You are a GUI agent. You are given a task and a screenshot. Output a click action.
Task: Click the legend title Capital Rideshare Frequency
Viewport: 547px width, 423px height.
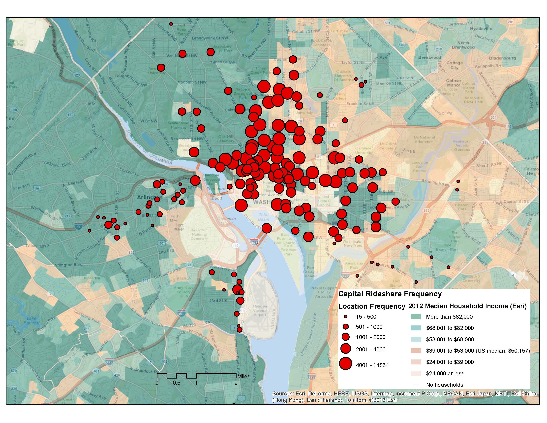point(390,294)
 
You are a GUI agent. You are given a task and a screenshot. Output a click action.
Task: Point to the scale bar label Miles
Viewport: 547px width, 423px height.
point(244,376)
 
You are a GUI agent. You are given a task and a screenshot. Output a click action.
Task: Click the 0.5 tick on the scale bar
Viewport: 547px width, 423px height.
point(177,383)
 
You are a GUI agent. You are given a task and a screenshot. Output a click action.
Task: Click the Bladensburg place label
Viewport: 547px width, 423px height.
point(502,58)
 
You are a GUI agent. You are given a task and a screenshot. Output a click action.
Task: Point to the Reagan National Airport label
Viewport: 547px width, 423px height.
point(260,311)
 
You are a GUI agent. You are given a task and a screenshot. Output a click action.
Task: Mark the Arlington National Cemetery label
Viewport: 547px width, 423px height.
point(199,234)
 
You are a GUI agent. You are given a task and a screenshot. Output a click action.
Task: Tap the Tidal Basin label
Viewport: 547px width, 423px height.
point(264,217)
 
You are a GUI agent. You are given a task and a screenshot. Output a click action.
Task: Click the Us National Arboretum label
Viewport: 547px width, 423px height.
point(424,139)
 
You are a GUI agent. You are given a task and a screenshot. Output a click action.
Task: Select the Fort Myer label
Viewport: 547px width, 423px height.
point(179,227)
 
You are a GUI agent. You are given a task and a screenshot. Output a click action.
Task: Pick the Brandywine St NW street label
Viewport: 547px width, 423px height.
point(210,38)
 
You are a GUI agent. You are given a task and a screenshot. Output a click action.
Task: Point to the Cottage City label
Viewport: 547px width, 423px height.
point(454,65)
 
